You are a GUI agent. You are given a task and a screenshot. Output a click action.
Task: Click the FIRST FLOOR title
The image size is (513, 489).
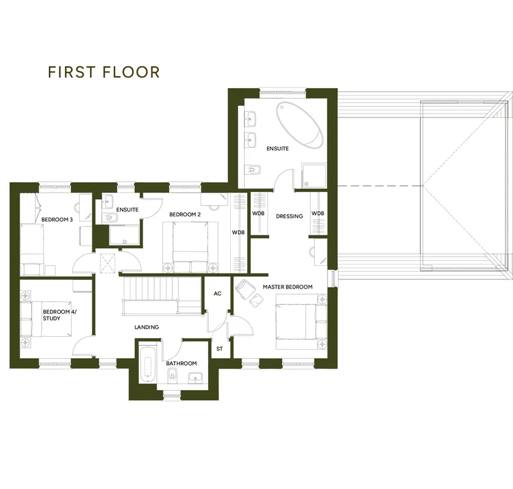pyautogui.click(x=103, y=72)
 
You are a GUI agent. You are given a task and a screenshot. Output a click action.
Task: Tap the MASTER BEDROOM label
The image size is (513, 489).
pyautogui.click(x=288, y=287)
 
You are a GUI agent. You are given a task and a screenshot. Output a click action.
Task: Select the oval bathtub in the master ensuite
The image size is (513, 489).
pyautogui.click(x=299, y=125)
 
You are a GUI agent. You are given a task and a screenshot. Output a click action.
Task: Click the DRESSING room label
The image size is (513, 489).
pyautogui.click(x=290, y=216)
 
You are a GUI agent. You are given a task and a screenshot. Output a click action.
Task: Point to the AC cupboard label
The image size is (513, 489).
pyautogui.click(x=217, y=293)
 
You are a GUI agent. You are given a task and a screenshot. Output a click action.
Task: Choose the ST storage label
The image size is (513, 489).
pyautogui.click(x=220, y=349)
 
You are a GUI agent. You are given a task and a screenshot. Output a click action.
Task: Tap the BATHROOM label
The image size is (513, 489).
pyautogui.click(x=181, y=363)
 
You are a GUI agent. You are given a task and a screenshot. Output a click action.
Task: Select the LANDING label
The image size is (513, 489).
pyautogui.click(x=147, y=327)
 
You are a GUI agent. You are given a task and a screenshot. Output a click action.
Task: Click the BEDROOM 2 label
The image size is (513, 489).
pyautogui.click(x=185, y=215)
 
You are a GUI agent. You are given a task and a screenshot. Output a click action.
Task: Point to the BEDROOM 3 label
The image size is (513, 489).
pyautogui.click(x=58, y=219)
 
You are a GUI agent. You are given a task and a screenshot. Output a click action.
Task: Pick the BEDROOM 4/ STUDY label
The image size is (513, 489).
pyautogui.click(x=59, y=315)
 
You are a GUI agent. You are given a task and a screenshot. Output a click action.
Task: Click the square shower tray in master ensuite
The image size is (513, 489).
pyautogui.click(x=314, y=176)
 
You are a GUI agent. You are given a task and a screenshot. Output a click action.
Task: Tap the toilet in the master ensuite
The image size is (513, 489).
pyautogui.click(x=253, y=170)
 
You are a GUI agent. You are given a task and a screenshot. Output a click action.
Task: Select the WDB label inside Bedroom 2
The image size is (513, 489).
pyautogui.click(x=238, y=232)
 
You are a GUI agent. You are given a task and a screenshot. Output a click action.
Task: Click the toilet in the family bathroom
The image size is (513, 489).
pyautogui.click(x=171, y=376)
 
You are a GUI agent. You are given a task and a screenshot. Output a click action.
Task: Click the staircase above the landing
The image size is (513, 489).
pyautogui.click(x=162, y=296)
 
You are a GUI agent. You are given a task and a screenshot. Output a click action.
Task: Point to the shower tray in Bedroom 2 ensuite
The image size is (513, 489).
pyautogui.click(x=124, y=235)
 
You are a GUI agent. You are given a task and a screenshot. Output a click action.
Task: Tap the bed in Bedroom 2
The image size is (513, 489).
pyautogui.click(x=190, y=247)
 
